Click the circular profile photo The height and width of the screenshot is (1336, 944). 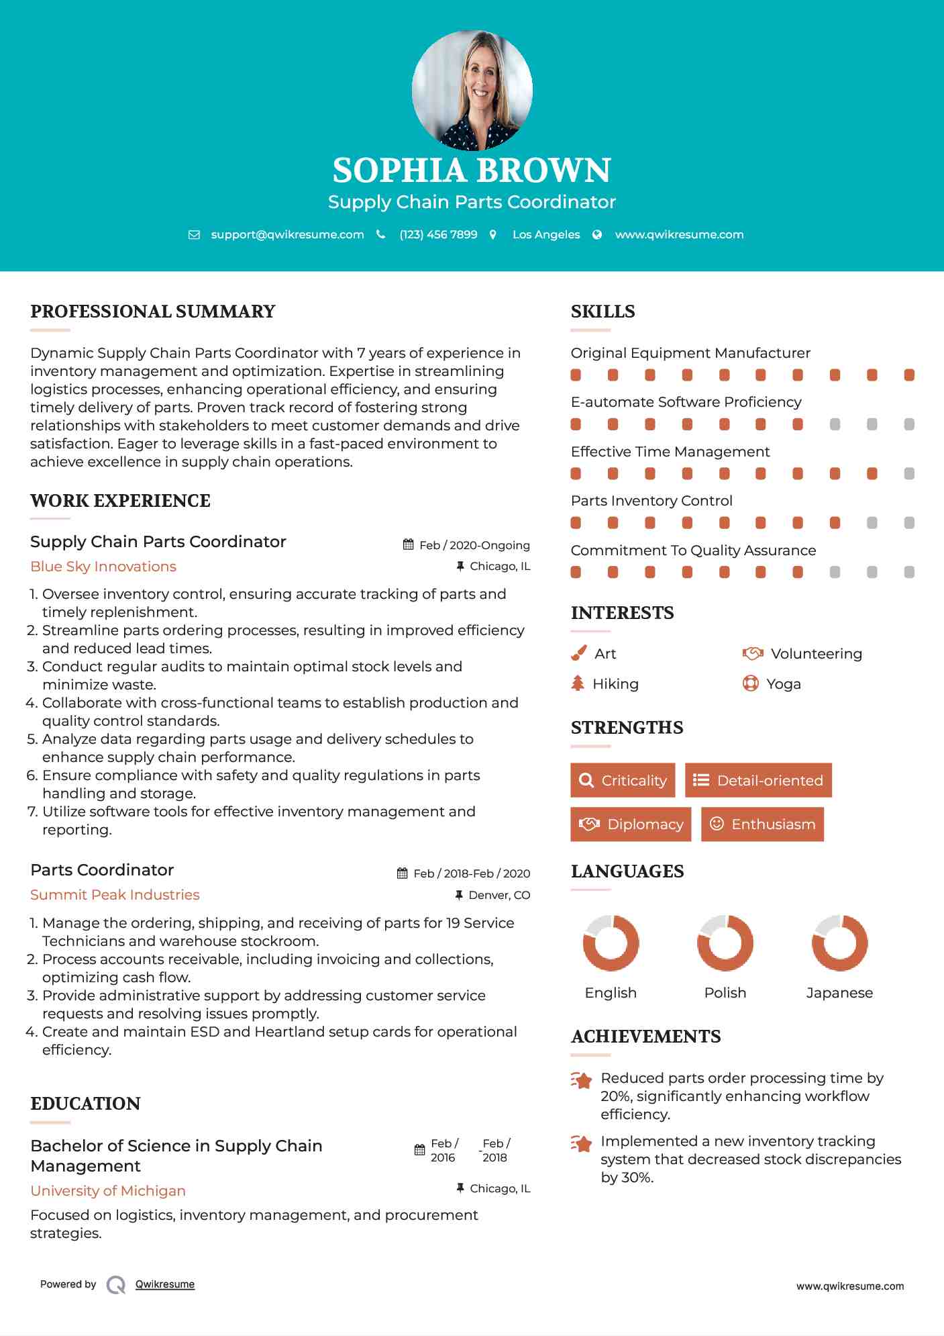click(x=472, y=90)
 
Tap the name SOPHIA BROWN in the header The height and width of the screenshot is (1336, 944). click(x=472, y=171)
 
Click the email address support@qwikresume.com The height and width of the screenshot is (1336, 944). click(x=287, y=234)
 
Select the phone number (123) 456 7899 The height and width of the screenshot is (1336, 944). click(x=438, y=234)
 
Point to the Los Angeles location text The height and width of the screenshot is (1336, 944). click(x=546, y=234)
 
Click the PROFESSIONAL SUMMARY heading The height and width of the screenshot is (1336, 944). click(x=153, y=312)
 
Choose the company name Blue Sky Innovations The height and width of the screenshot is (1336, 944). click(x=103, y=567)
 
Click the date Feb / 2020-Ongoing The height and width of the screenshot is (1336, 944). click(x=474, y=545)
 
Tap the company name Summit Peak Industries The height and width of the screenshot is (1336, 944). click(x=115, y=895)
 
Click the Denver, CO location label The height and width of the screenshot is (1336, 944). click(x=499, y=895)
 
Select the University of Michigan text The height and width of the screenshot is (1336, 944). click(x=108, y=1191)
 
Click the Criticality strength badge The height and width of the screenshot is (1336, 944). click(x=623, y=780)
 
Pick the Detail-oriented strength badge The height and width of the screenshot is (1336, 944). click(x=758, y=780)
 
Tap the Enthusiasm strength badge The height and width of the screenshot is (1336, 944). click(x=762, y=824)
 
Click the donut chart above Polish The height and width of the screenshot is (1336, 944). click(x=725, y=943)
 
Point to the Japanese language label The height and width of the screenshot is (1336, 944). click(x=839, y=993)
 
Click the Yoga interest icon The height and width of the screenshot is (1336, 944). click(x=751, y=683)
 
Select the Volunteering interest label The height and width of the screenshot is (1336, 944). click(x=816, y=654)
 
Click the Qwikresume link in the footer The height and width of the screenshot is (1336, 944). click(x=165, y=1284)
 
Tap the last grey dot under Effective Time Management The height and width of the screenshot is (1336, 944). click(x=909, y=474)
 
